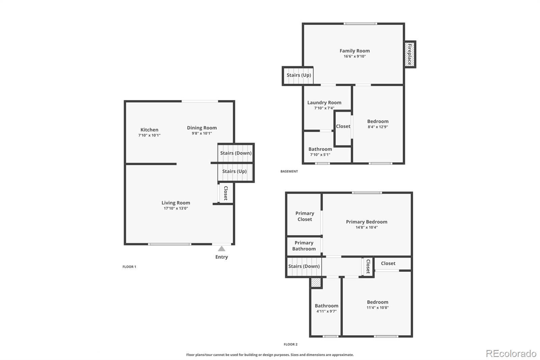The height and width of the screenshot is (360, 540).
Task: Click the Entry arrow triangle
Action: (221, 249)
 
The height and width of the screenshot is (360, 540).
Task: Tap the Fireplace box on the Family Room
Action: (410, 54)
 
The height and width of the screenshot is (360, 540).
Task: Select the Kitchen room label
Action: (149, 130)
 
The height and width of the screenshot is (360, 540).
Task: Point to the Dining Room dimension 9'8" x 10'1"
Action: (202, 133)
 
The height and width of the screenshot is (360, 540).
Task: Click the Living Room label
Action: (175, 203)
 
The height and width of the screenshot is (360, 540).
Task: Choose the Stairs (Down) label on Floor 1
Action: (236, 153)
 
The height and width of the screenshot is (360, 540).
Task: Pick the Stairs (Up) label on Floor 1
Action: (234, 171)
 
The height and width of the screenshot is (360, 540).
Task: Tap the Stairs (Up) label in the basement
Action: (299, 75)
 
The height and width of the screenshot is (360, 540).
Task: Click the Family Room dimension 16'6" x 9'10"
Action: (354, 56)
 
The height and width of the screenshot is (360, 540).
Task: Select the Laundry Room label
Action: (324, 102)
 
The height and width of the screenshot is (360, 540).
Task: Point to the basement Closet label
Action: (343, 126)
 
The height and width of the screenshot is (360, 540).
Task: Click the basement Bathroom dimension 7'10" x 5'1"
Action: (320, 155)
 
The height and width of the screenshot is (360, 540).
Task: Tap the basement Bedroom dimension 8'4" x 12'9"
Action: (378, 127)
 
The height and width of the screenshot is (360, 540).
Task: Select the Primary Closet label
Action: (304, 216)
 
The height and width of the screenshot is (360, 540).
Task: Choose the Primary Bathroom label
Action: (304, 246)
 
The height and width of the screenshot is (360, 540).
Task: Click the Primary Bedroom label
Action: (367, 222)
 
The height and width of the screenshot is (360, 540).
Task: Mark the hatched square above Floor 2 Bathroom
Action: (316, 283)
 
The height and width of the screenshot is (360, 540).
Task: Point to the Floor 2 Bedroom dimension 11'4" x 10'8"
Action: (377, 308)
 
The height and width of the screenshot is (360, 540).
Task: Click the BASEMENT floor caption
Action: (289, 172)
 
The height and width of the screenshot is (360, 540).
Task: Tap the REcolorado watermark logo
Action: (511, 354)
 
